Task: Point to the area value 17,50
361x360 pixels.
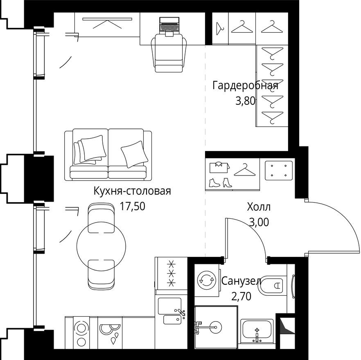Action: pyautogui.click(x=133, y=206)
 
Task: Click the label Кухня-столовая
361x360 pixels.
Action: pyautogui.click(x=132, y=191)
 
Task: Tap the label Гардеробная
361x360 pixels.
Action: pyautogui.click(x=245, y=85)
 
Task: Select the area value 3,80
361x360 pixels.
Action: pyautogui.click(x=245, y=101)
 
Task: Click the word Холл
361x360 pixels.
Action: pyautogui.click(x=259, y=207)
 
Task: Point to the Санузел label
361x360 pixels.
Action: pyautogui.click(x=241, y=281)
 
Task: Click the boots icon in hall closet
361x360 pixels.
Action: pyautogui.click(x=220, y=182)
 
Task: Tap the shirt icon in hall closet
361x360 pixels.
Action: pyautogui.click(x=217, y=167)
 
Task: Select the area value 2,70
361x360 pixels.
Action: pyautogui.click(x=241, y=296)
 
